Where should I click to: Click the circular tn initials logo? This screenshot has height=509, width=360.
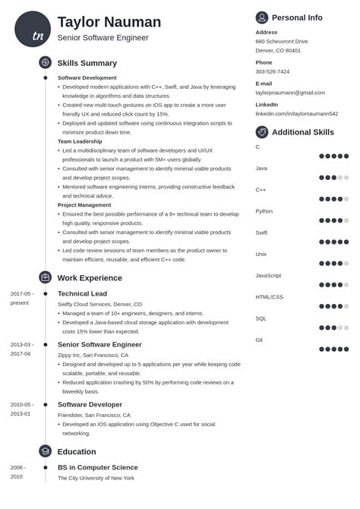tap(33, 30)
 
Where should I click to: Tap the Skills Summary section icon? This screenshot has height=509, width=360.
tap(46, 63)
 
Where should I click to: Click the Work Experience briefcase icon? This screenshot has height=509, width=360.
tap(46, 278)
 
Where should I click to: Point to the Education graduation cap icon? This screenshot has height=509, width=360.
tap(46, 451)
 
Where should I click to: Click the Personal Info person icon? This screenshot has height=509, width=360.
tap(262, 17)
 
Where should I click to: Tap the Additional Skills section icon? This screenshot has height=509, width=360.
tap(262, 132)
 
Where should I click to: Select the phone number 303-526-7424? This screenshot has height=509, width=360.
tap(273, 71)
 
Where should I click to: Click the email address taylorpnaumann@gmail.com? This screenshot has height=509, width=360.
tap(290, 93)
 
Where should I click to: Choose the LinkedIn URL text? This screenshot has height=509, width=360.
tap(296, 114)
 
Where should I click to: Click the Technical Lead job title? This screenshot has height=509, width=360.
tap(82, 293)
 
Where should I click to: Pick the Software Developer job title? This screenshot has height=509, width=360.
tap(89, 405)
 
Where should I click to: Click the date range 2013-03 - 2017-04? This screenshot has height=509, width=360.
tap(21, 349)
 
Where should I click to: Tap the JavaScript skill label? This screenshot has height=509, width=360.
tap(269, 275)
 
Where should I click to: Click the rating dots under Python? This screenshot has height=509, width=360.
tap(334, 220)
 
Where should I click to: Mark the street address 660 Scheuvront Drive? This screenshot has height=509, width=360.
tap(282, 41)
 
